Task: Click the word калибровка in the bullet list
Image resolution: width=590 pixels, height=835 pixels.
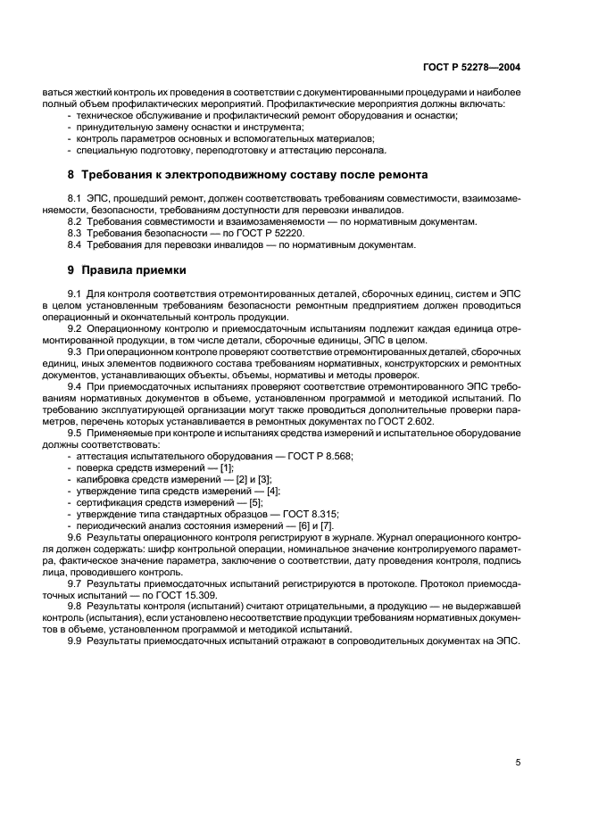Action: pyautogui.click(x=102, y=478)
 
